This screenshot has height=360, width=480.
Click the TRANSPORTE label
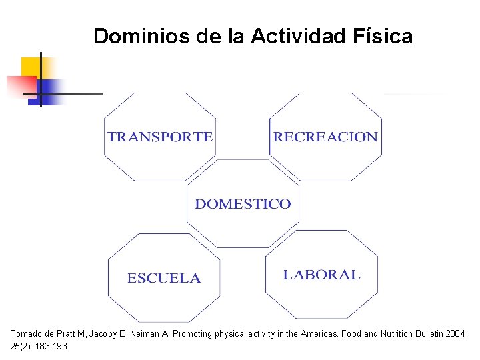(x=160, y=137)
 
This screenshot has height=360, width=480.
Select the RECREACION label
(x=325, y=137)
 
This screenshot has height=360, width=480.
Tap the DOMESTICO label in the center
(x=243, y=204)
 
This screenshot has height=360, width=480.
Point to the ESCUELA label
(x=164, y=279)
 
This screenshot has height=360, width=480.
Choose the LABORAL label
(x=321, y=275)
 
